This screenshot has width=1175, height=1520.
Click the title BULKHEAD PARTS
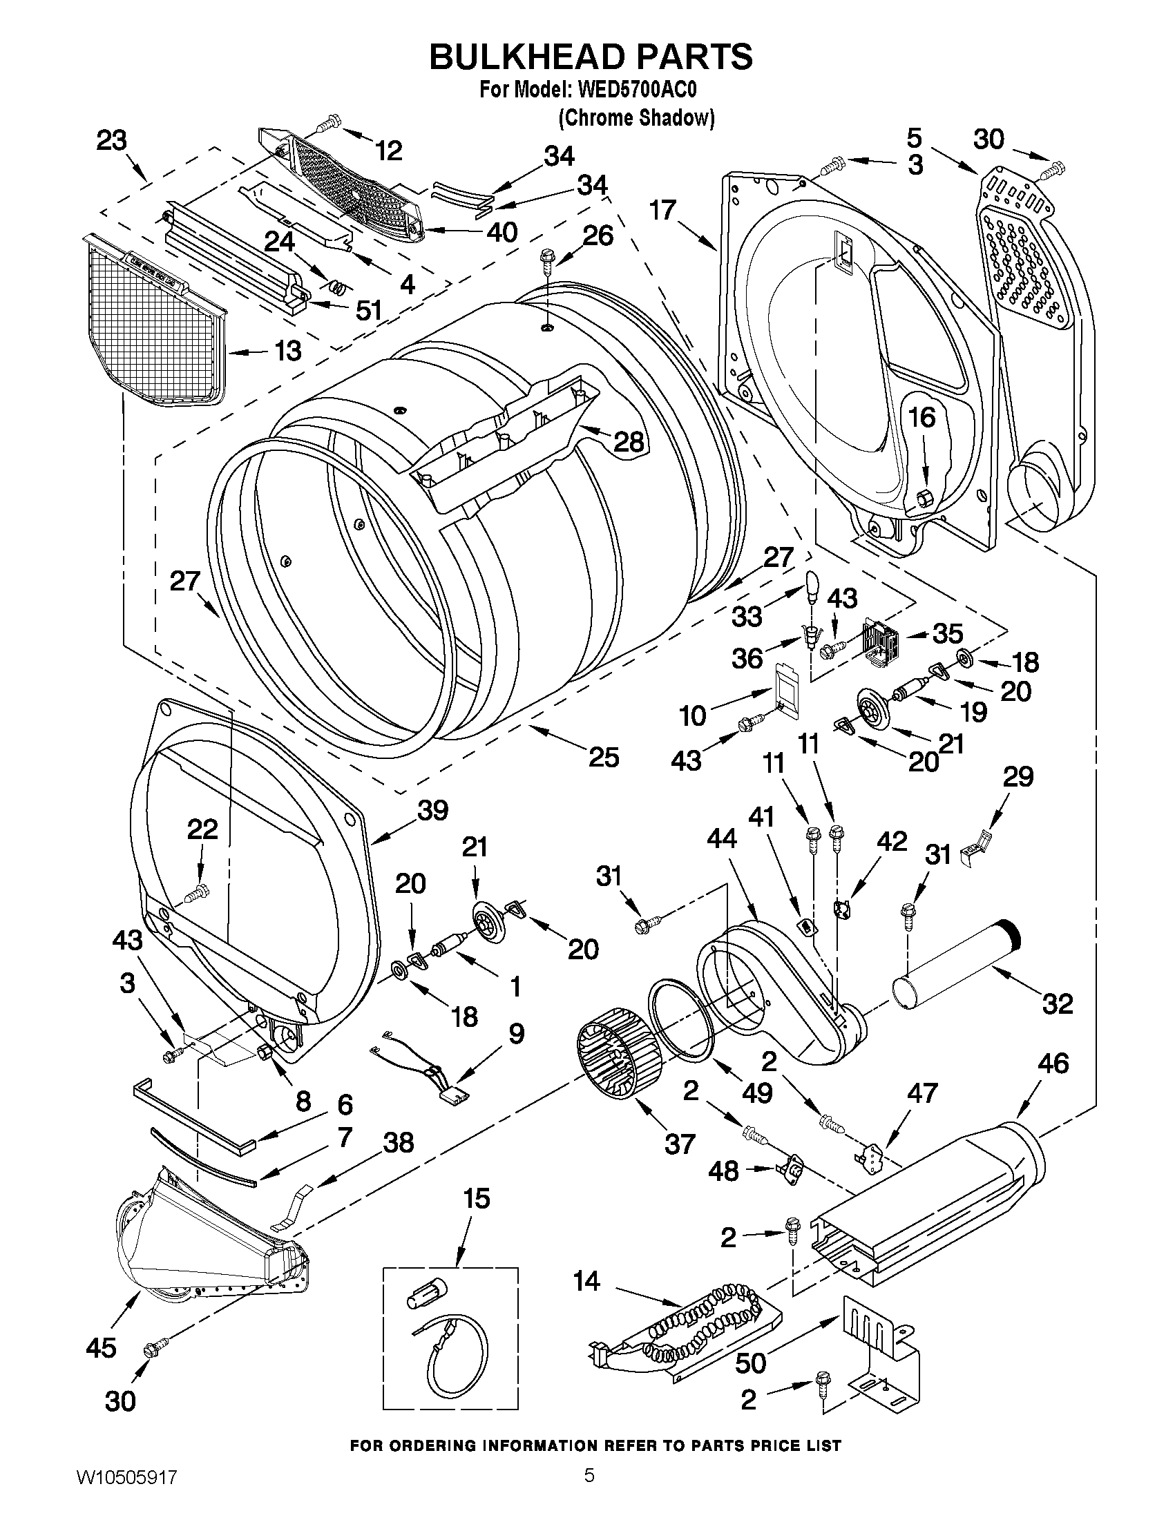tap(591, 57)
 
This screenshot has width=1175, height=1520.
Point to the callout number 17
tap(662, 209)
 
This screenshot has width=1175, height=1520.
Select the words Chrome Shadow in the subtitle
tap(636, 118)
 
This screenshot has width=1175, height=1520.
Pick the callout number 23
tap(111, 142)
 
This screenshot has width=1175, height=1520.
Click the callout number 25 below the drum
tap(604, 757)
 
